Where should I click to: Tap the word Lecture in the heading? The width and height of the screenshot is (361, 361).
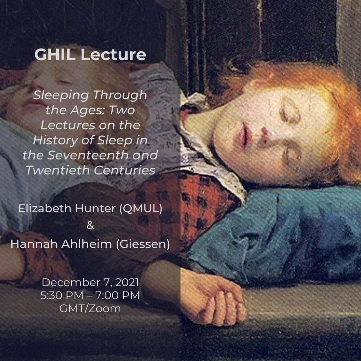tap(113, 54)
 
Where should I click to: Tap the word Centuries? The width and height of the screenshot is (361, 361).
tap(125, 170)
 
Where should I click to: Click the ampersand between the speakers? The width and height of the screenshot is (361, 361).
tap(90, 225)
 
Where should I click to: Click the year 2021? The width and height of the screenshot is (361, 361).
tap(127, 282)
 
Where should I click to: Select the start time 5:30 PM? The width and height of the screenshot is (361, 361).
tap(62, 295)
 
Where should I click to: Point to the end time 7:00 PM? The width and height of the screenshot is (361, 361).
tap(117, 295)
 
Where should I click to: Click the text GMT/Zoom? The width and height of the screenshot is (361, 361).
tap(90, 309)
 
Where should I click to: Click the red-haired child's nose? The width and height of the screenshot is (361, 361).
tap(265, 133)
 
